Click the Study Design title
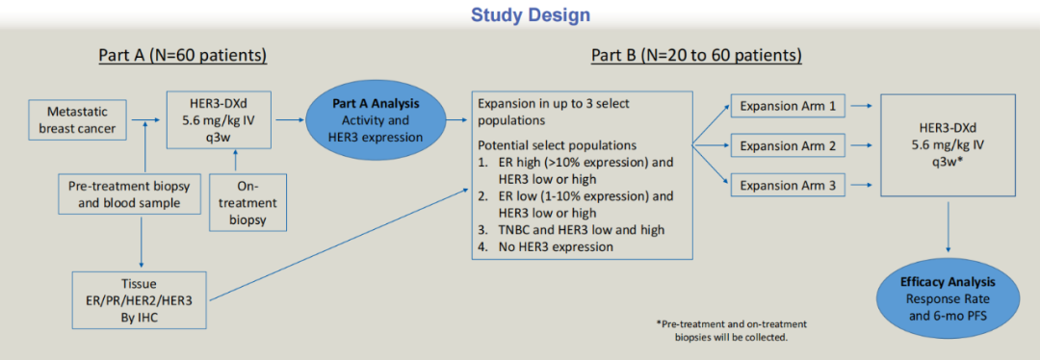(x=521, y=13)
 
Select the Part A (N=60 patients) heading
(x=182, y=56)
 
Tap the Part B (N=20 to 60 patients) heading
(x=696, y=56)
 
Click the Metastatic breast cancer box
(x=77, y=120)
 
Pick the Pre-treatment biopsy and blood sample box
(x=129, y=194)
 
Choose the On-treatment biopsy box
(x=248, y=202)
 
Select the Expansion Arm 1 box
(x=777, y=106)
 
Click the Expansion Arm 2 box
(x=777, y=144)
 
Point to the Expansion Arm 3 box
(x=777, y=184)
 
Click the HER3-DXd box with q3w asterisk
(x=948, y=144)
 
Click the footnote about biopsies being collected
(x=730, y=329)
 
